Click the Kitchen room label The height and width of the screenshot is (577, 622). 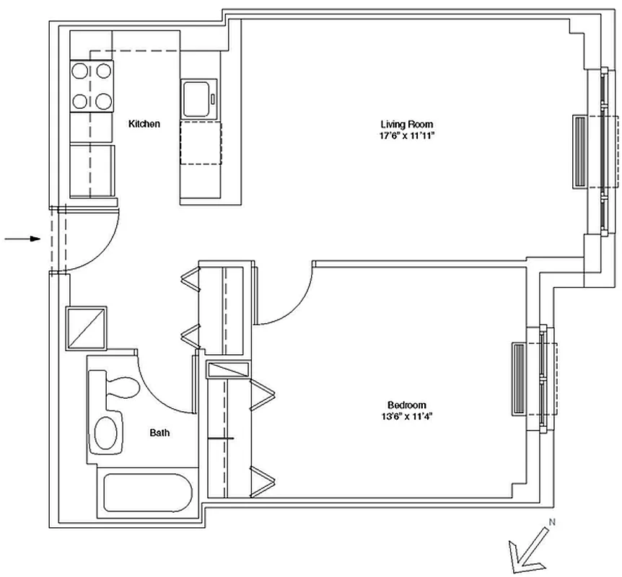coord(144,124)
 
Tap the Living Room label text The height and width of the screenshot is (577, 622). coord(406,125)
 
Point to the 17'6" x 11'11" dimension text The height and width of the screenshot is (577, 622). coord(407,136)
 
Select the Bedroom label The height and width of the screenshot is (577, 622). coord(407,405)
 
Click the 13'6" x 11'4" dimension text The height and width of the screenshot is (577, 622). coord(406,416)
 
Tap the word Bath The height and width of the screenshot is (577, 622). coord(160,432)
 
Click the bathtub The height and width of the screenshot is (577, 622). coord(148,493)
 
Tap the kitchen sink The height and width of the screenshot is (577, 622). coord(199,99)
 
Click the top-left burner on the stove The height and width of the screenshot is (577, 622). coord(79,71)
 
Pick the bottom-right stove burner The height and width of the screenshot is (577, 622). coord(103,101)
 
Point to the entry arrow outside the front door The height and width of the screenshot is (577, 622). coord(22,239)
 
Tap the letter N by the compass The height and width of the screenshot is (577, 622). coord(552,522)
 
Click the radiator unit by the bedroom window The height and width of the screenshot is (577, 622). coord(519,379)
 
